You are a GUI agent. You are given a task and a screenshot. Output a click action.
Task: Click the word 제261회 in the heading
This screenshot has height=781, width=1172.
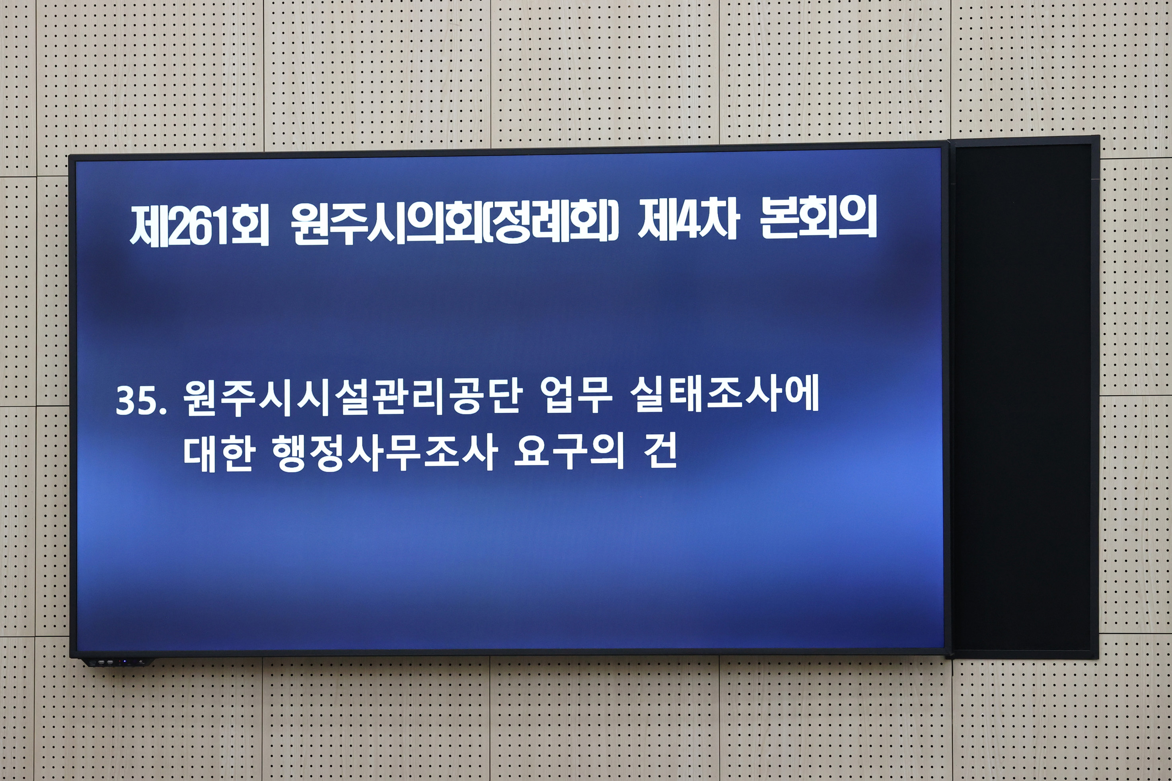[199, 225]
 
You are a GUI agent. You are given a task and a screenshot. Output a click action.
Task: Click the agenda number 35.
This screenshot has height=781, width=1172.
[141, 401]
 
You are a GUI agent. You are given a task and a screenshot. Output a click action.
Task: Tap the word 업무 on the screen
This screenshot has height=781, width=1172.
[576, 397]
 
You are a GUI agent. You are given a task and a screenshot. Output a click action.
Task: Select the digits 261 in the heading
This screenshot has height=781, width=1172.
[199, 227]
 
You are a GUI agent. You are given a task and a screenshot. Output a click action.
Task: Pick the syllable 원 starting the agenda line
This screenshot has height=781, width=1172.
[201, 398]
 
